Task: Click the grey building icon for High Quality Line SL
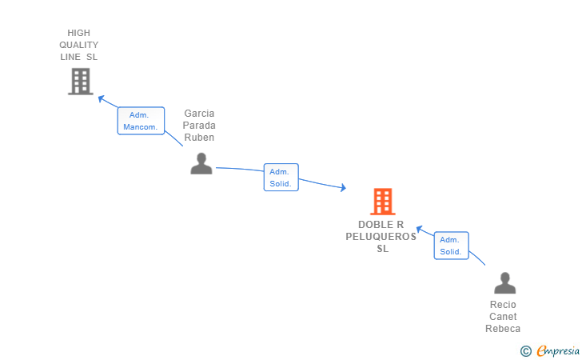point(80,82)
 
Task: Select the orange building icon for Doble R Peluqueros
point(383,202)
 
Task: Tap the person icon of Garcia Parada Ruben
point(201,163)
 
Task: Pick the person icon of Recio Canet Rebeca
point(504,283)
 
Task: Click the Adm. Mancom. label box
point(141,121)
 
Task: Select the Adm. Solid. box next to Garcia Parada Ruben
point(281,178)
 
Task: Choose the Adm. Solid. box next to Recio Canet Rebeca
point(451,246)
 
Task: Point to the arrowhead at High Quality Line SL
point(101,98)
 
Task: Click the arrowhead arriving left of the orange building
point(342,188)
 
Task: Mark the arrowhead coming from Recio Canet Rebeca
point(419,229)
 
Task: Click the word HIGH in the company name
point(79,33)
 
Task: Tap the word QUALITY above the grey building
point(79,45)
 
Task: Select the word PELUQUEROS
point(381,237)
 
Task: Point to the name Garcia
point(199,114)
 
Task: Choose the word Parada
point(199,126)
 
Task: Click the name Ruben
point(199,137)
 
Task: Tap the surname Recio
point(503,305)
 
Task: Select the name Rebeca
point(503,329)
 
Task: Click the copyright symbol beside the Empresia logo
point(525,350)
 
